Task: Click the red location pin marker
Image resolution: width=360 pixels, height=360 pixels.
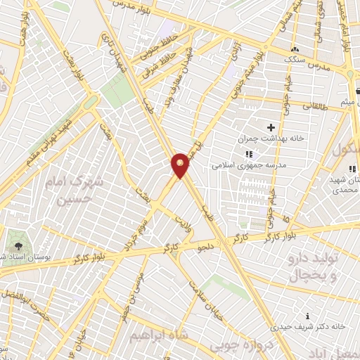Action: (181, 165)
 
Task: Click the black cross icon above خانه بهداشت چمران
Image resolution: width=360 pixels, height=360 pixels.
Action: (271, 127)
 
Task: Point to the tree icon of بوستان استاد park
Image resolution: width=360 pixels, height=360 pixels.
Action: (18, 247)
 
